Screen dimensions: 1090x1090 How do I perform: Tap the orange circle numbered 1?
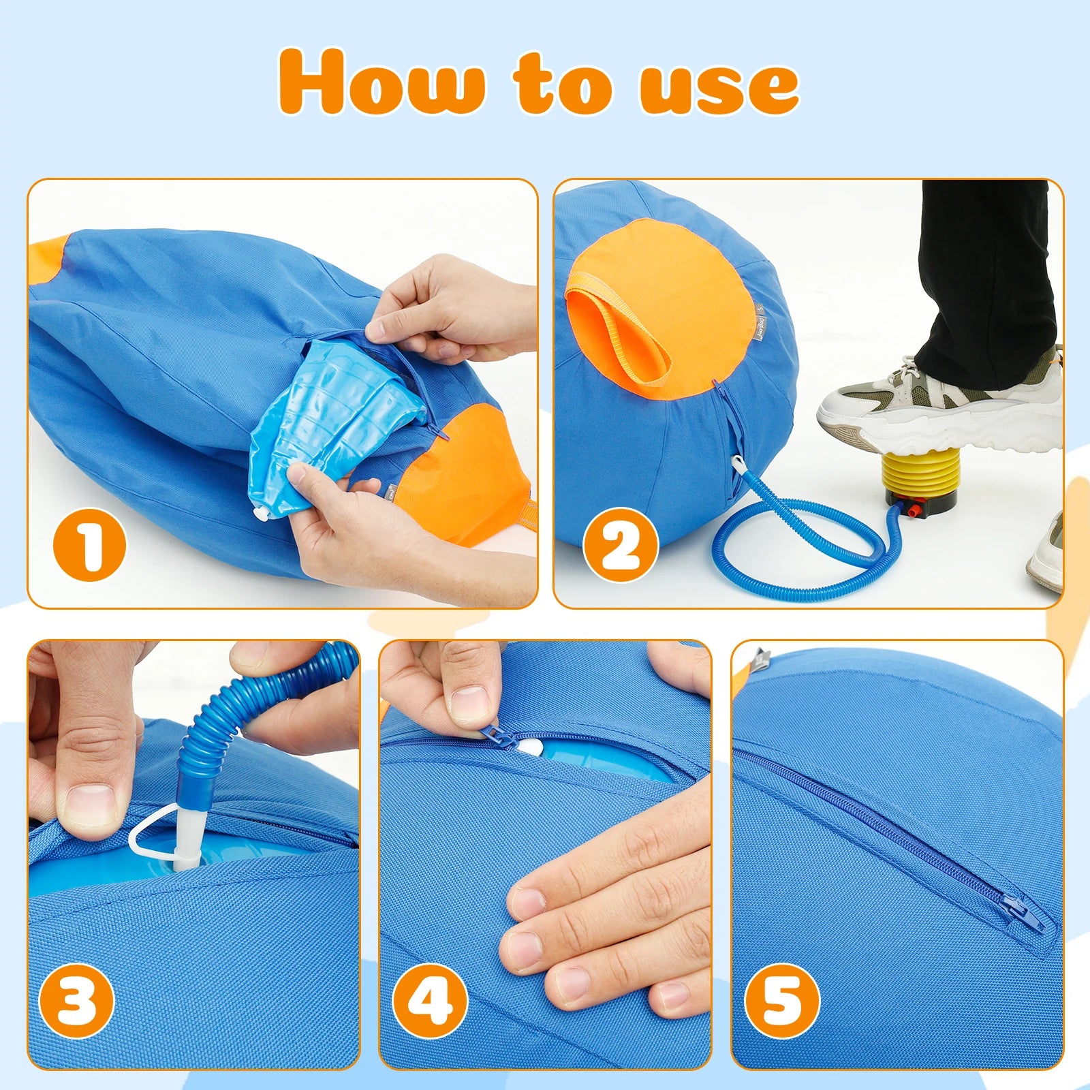(90, 545)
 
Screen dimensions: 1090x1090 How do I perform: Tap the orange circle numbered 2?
(620, 545)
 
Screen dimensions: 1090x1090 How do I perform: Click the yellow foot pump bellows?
(920, 470)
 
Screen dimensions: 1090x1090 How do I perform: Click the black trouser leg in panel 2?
(981, 272)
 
